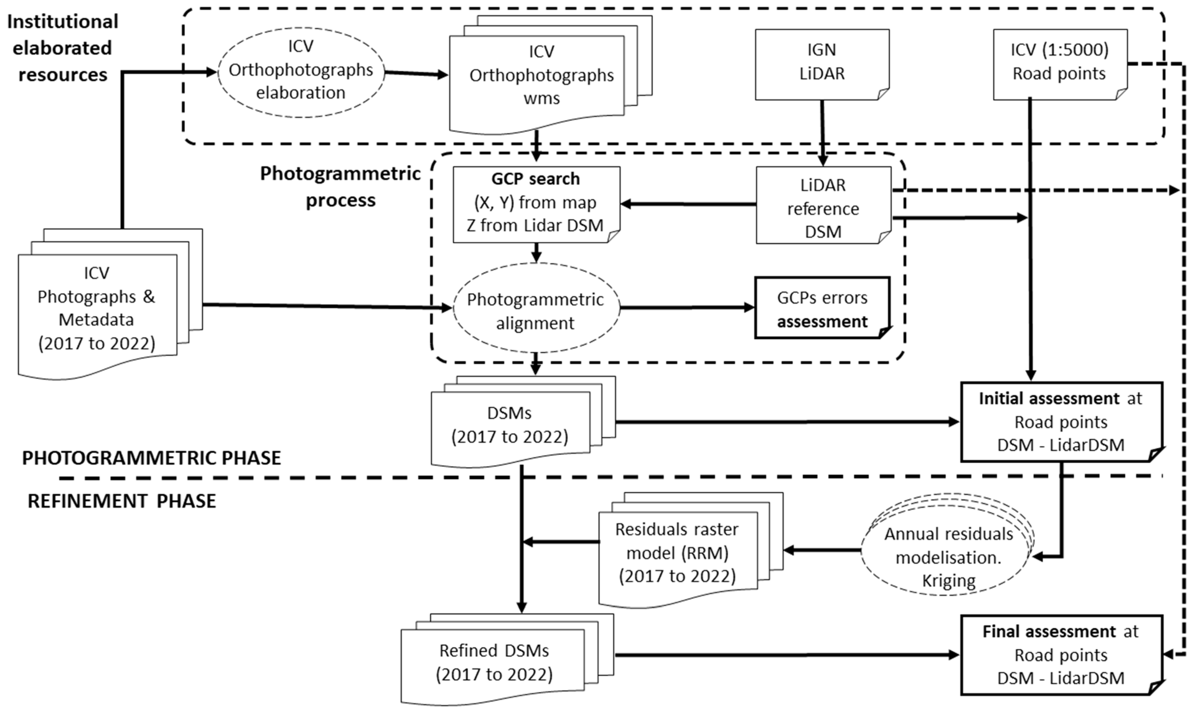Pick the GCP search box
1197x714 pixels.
pos(536,204)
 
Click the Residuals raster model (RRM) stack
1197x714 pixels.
pos(678,553)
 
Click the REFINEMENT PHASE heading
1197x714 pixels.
pos(122,501)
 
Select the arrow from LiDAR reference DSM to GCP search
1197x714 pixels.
pos(688,204)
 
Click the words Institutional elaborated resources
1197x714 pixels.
pos(63,48)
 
